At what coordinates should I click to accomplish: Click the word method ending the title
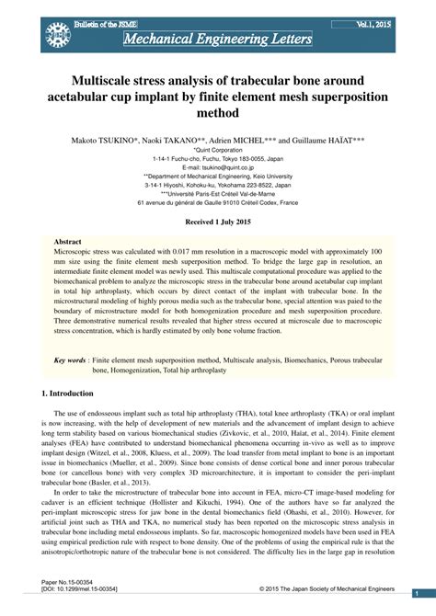click(218, 114)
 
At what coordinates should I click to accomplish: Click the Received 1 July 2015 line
click(218, 223)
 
